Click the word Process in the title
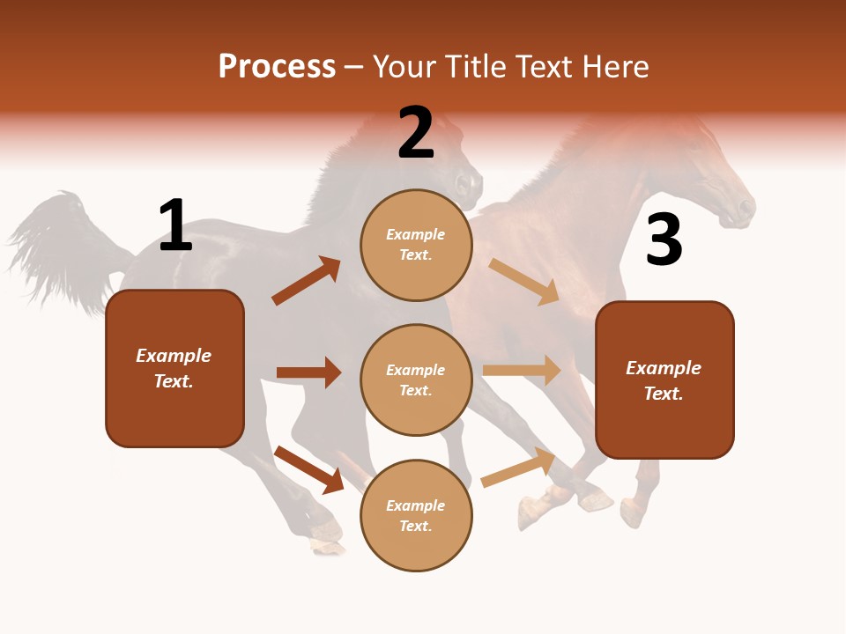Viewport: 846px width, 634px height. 277,67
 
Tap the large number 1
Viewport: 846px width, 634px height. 175,225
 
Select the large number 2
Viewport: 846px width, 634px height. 416,133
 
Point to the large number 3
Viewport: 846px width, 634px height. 664,240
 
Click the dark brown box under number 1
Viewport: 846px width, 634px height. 174,368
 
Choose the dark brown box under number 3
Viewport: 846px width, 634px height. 664,380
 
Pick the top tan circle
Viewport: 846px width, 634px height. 416,245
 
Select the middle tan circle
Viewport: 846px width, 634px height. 416,380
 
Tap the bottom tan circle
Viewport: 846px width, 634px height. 416,515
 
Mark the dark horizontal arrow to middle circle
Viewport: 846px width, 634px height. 308,372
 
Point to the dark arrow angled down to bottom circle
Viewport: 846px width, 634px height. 308,469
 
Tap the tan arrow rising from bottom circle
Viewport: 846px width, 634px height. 518,468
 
